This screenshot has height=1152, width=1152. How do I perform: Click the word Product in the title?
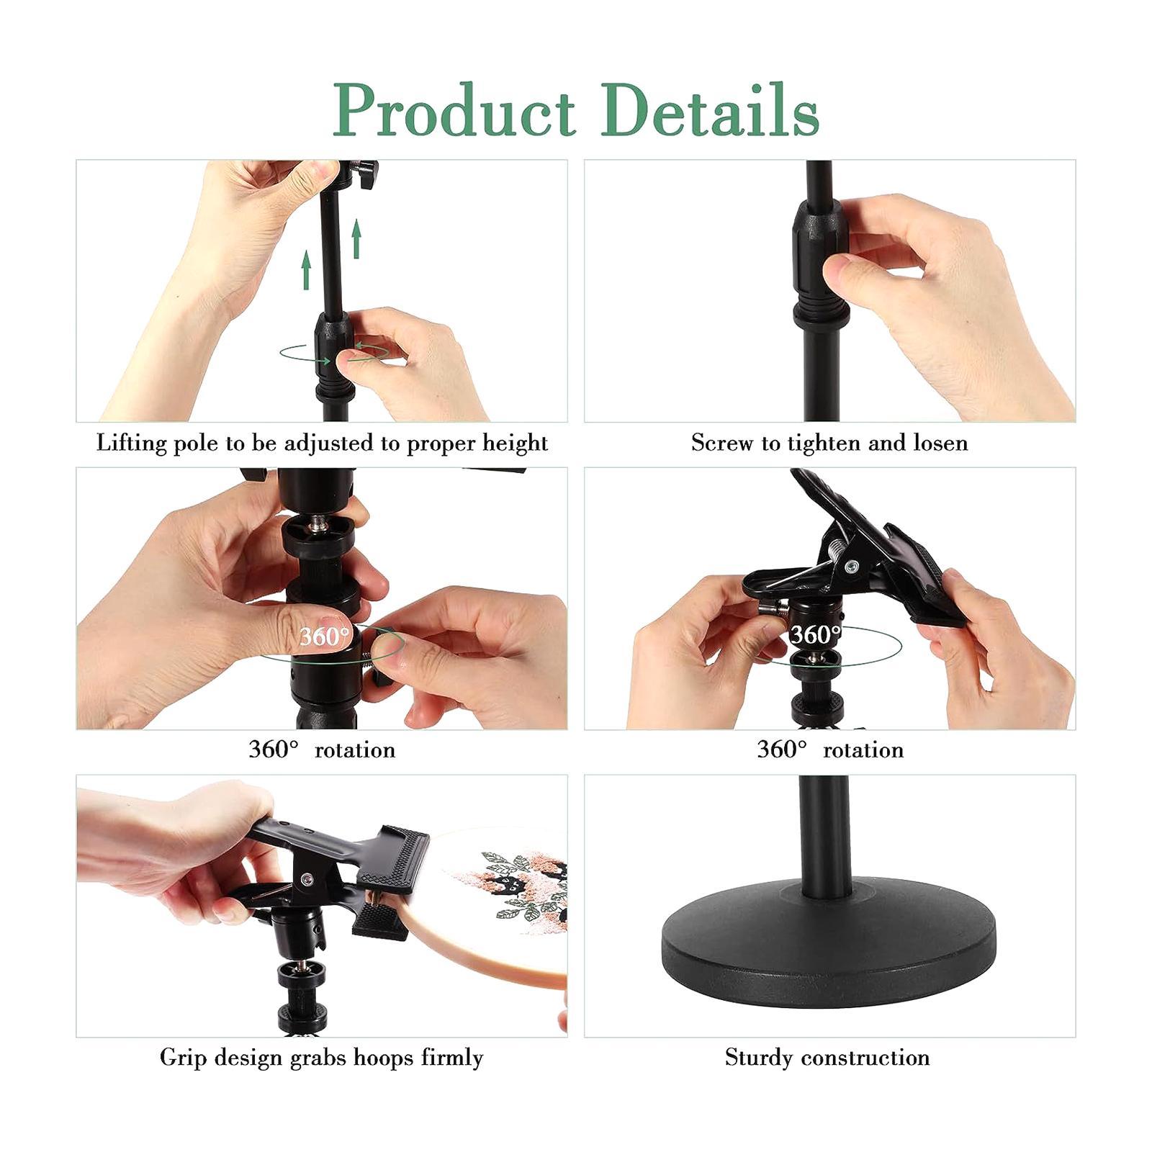point(454,111)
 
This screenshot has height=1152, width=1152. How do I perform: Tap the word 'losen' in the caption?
point(940,442)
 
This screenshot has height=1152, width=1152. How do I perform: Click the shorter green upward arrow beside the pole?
point(307,270)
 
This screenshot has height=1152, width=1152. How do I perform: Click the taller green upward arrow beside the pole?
point(356,240)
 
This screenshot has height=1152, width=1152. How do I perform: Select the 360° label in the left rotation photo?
point(324,636)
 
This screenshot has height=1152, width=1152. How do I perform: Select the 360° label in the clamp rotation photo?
point(815,634)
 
